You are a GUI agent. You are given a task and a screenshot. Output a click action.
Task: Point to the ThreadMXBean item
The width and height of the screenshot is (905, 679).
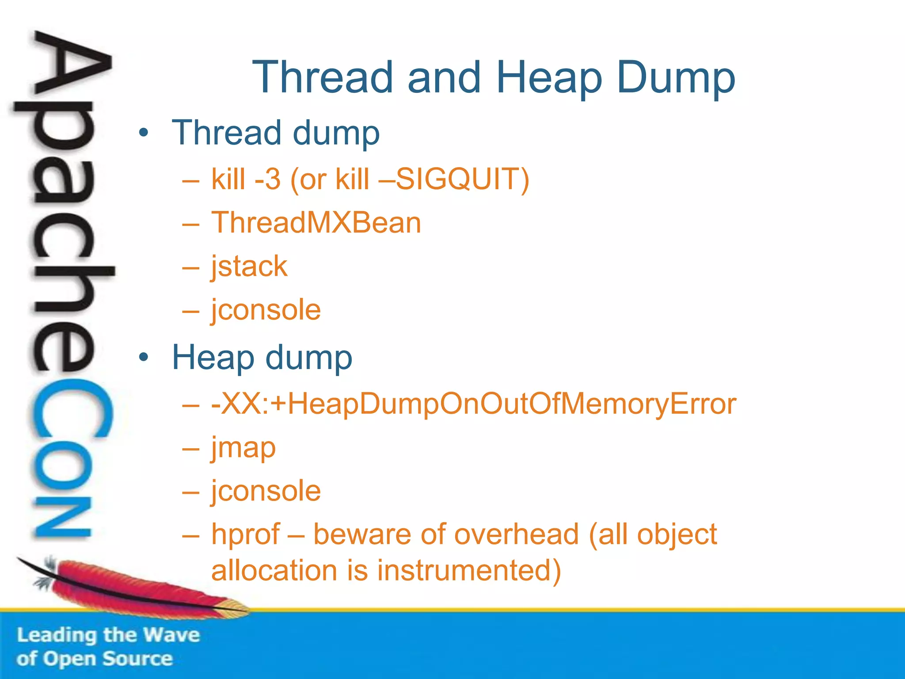coord(316,222)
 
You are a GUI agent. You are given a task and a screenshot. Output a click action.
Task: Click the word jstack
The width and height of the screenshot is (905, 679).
coord(249,267)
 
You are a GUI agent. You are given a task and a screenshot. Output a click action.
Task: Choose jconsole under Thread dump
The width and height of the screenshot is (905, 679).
coord(266,309)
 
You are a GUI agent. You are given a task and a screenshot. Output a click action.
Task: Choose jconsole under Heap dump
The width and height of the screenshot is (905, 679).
coord(266,491)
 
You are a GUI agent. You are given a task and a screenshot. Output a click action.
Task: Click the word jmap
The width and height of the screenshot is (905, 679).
coord(243,448)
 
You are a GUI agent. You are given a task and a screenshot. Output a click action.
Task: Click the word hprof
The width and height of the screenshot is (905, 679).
coord(246,535)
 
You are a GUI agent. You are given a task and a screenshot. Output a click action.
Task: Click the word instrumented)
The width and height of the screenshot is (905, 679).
coord(468,570)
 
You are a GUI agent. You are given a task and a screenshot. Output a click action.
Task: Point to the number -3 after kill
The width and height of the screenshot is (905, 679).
coord(268,179)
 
